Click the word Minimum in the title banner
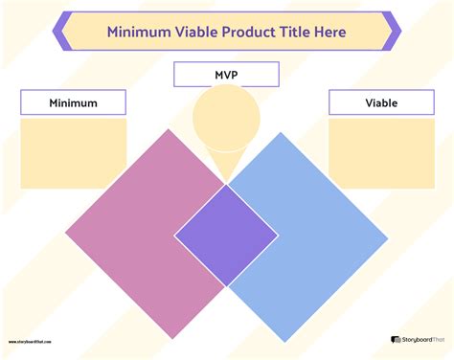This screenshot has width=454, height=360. click(138, 33)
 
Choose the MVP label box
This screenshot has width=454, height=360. click(226, 75)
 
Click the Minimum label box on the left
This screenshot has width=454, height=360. click(73, 102)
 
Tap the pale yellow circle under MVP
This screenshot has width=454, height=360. click(226, 122)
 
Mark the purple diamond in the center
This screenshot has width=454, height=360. click(226, 235)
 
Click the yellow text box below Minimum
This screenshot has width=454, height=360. click(73, 153)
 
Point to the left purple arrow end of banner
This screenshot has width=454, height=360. click(60, 32)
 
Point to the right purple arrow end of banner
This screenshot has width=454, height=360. click(393, 32)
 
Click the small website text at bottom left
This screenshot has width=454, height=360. click(30, 340)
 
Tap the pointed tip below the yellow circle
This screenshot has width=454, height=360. click(226, 181)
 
